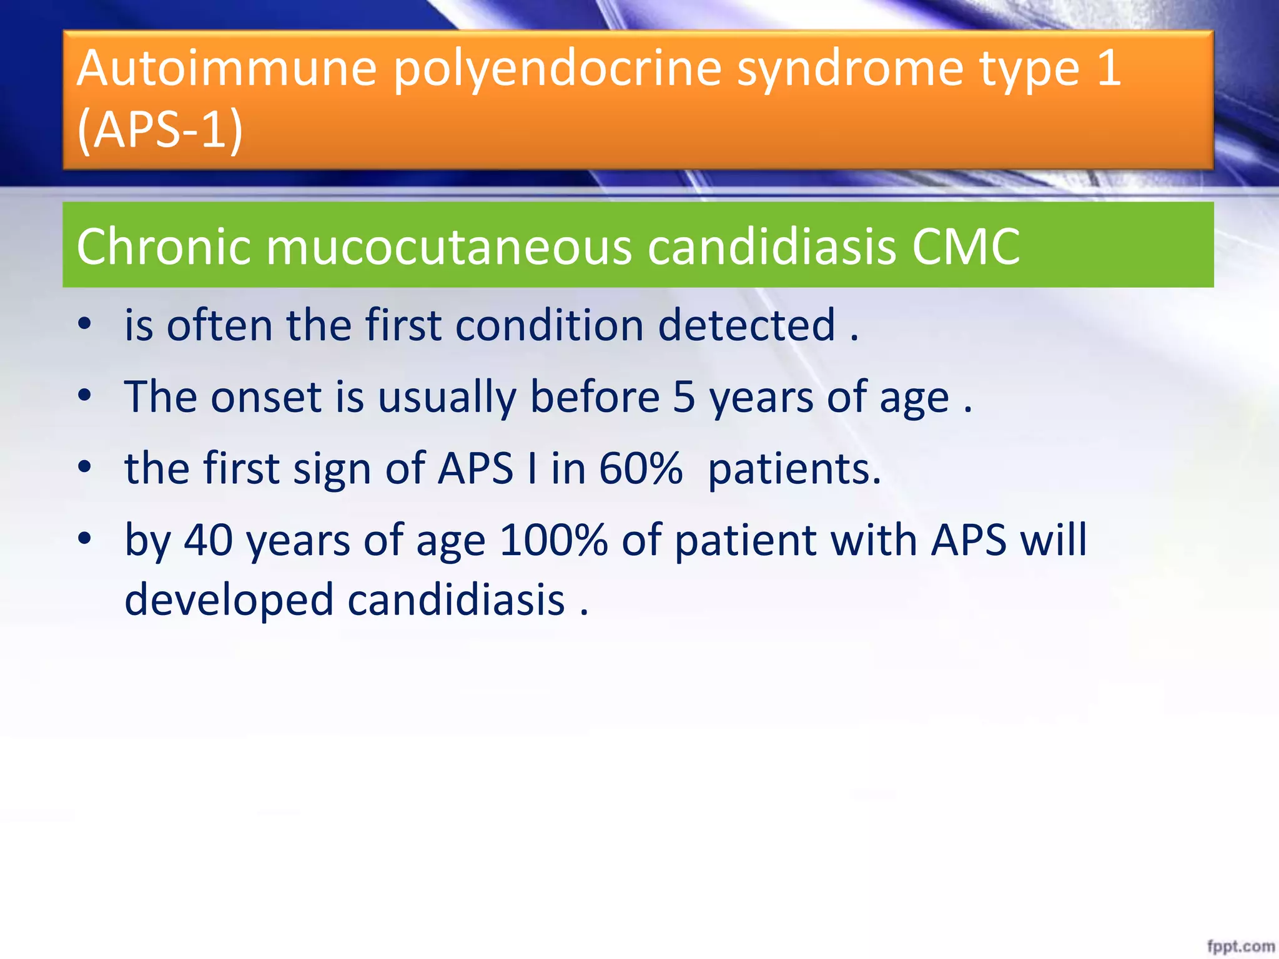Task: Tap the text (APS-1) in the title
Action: click(x=160, y=130)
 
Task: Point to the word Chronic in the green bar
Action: click(x=163, y=246)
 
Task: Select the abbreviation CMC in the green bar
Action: click(x=965, y=246)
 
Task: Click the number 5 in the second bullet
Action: click(x=684, y=397)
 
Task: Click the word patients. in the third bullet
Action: click(x=794, y=470)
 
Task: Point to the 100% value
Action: click(x=553, y=540)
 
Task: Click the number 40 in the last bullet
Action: click(x=209, y=540)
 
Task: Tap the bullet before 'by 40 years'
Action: click(x=85, y=538)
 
